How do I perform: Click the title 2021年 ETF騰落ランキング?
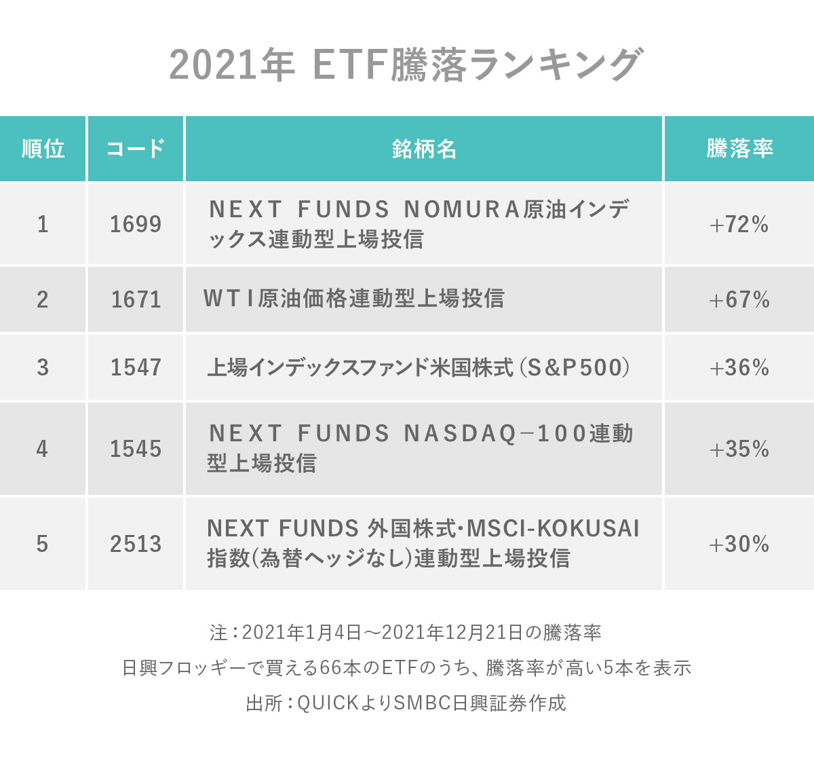tap(405, 66)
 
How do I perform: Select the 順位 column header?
tap(43, 149)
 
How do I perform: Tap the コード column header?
tap(136, 149)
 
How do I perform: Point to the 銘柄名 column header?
tap(424, 149)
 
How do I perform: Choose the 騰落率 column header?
tap(739, 149)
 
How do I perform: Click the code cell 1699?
tap(136, 224)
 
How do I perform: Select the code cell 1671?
tap(136, 299)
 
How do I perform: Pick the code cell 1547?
tap(136, 367)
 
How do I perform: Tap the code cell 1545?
tap(136, 449)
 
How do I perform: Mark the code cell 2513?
tap(136, 544)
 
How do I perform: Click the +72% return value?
tap(739, 224)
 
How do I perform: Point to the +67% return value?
tap(739, 299)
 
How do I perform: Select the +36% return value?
tap(739, 367)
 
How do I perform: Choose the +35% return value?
tap(739, 449)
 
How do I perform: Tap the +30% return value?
tap(739, 544)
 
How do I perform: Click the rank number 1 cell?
tap(43, 224)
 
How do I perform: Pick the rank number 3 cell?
tap(43, 367)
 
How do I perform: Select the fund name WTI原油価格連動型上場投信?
tap(353, 299)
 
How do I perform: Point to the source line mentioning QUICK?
tap(406, 703)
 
